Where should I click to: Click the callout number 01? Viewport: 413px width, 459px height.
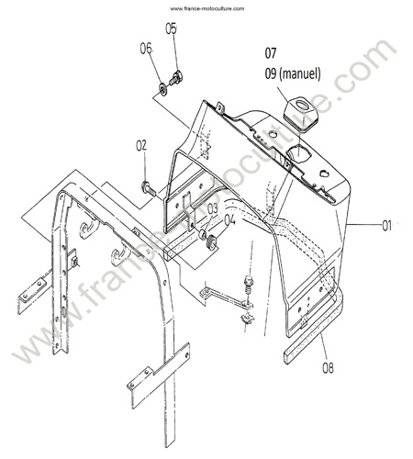tap(386, 226)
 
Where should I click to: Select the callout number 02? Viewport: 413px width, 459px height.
tap(141, 146)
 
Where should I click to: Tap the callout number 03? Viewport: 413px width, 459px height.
tap(213, 209)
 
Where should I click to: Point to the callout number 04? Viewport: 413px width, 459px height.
tap(230, 219)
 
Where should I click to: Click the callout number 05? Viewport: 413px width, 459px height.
tap(172, 28)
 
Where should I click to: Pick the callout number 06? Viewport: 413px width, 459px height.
tap(146, 49)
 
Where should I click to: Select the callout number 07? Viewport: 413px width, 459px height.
tap(271, 53)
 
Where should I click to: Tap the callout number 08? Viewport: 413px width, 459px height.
tap(328, 368)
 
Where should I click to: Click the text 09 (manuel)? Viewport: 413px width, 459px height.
tap(293, 73)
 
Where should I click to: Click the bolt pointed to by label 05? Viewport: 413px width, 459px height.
tap(176, 78)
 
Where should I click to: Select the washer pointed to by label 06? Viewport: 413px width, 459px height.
tap(162, 88)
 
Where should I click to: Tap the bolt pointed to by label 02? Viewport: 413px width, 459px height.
tap(149, 188)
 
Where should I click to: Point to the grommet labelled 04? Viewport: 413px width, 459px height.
tap(212, 241)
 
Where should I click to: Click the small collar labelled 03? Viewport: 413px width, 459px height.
tap(203, 235)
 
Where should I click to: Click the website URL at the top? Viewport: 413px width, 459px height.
tap(207, 8)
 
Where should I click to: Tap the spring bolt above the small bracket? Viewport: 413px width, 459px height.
tap(249, 286)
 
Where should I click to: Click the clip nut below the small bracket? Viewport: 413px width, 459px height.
tap(248, 319)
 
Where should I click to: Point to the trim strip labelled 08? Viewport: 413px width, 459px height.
tap(314, 328)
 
